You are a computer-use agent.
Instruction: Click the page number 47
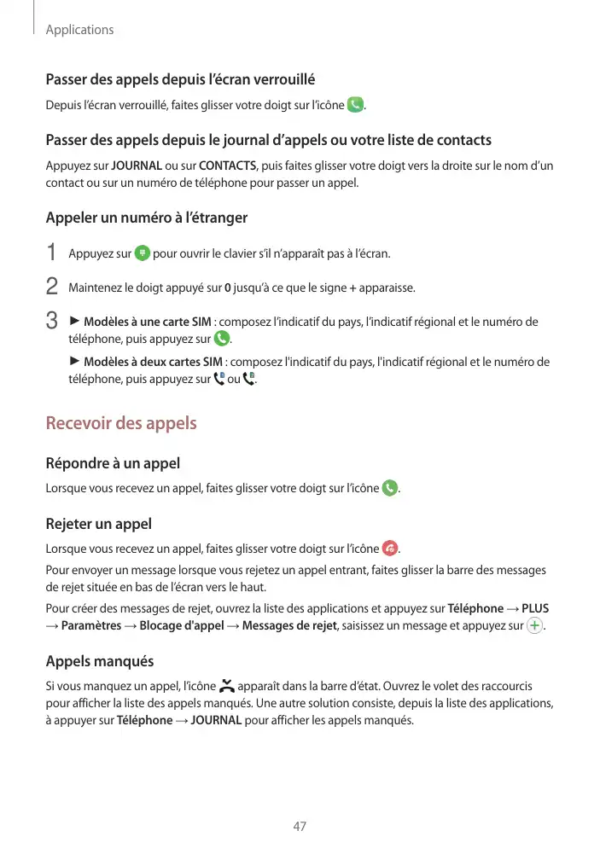pyautogui.click(x=300, y=826)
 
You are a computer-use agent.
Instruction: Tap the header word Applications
pyautogui.click(x=79, y=30)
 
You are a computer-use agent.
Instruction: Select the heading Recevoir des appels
pyautogui.click(x=120, y=423)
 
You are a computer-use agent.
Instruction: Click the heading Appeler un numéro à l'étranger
pyautogui.click(x=146, y=218)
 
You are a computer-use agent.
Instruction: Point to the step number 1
pyautogui.click(x=51, y=253)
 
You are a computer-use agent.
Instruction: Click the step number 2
pyautogui.click(x=51, y=287)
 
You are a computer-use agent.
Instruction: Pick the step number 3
pyautogui.click(x=51, y=322)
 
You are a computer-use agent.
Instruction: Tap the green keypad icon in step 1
pyautogui.click(x=143, y=253)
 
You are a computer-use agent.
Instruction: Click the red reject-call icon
pyautogui.click(x=390, y=547)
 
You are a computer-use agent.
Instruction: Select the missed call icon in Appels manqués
pyautogui.click(x=226, y=685)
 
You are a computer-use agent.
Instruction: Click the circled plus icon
pyautogui.click(x=535, y=627)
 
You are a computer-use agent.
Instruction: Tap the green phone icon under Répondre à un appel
pyautogui.click(x=390, y=489)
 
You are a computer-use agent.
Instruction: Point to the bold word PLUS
pyautogui.click(x=535, y=608)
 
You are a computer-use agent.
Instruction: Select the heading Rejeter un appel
pyautogui.click(x=98, y=523)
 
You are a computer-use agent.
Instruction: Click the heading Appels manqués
pyautogui.click(x=99, y=661)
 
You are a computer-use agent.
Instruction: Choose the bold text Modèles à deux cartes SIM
pyautogui.click(x=154, y=362)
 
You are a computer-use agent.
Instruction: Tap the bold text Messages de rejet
pyautogui.click(x=290, y=627)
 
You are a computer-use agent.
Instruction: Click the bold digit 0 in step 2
pyautogui.click(x=225, y=288)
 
